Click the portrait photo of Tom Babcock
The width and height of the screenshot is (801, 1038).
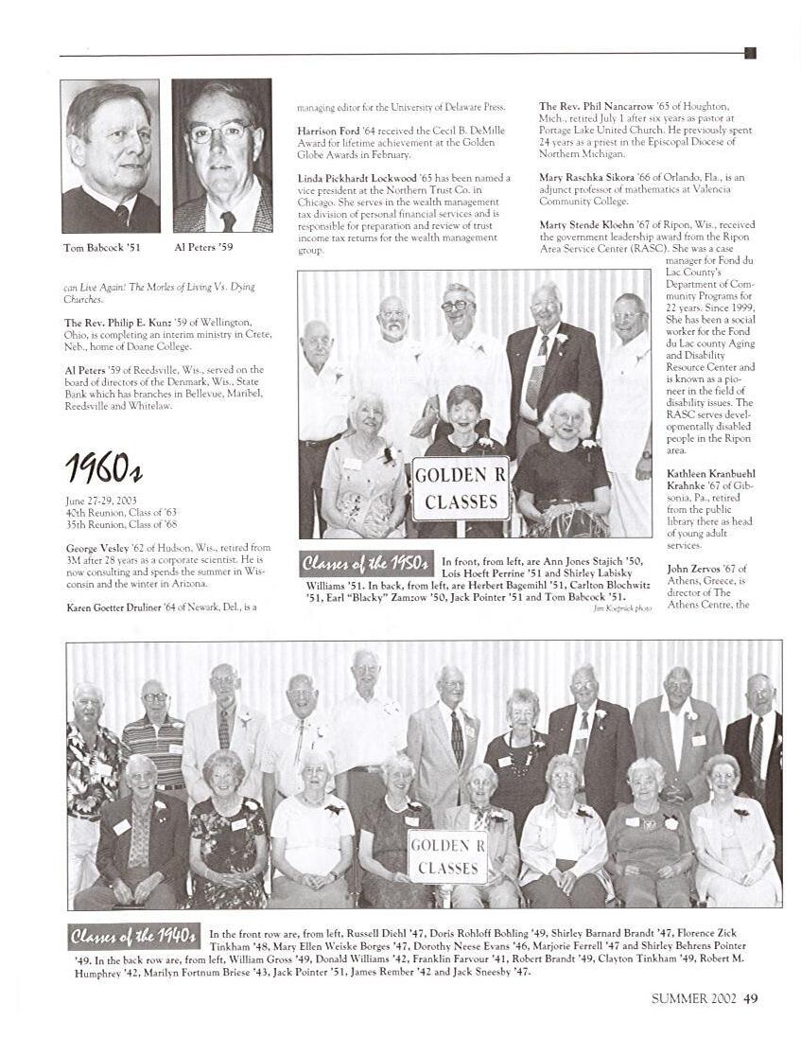(x=110, y=156)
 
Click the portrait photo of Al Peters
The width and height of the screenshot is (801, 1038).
(x=221, y=156)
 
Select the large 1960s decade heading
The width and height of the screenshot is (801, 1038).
(x=103, y=466)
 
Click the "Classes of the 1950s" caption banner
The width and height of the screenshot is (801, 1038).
(x=366, y=564)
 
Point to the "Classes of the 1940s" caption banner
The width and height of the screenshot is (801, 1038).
(x=134, y=936)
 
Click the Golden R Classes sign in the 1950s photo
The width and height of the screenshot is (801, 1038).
(x=461, y=488)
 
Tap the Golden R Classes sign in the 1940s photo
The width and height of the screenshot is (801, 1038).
(x=448, y=856)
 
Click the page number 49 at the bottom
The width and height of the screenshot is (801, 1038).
(x=750, y=997)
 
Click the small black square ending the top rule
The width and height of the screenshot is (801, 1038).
(x=750, y=53)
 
